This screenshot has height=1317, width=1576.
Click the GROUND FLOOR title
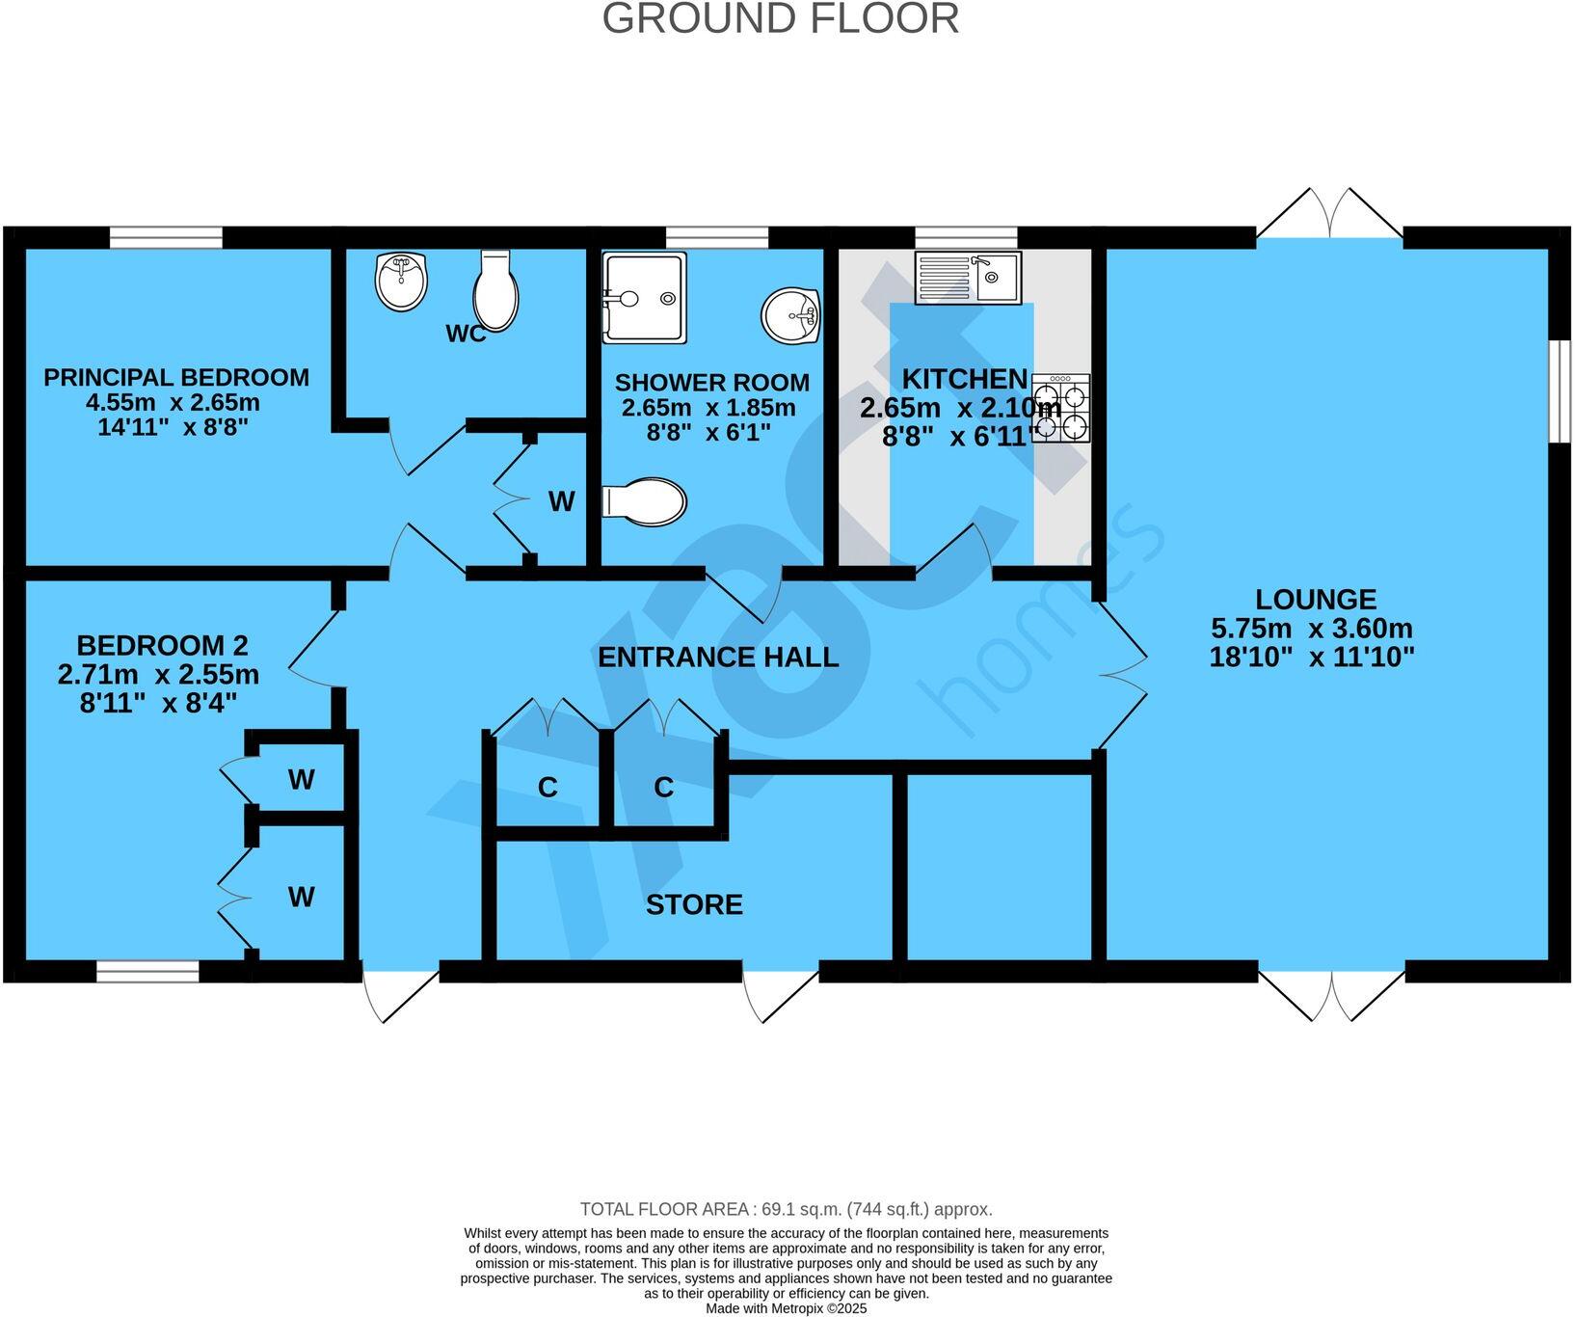pos(781,19)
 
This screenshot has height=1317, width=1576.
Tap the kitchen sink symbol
pos(968,278)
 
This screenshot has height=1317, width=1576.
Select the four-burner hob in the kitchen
pos(1061,408)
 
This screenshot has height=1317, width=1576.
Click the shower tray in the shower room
pos(644,298)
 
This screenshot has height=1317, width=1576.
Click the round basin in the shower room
pos(791,315)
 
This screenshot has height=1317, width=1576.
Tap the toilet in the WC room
pos(497,290)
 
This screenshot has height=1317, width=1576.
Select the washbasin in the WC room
pos(400,281)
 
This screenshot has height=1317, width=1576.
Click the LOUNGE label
pos(1315,599)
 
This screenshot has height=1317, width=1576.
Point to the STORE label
pos(694,904)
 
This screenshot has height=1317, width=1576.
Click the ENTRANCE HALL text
pos(718,658)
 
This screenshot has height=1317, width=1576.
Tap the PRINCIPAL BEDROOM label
pos(176,377)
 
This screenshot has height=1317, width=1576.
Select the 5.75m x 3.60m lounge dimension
pos(1312,629)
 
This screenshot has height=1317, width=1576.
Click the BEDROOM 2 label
pos(162,645)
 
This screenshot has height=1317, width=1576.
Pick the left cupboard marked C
pos(548,788)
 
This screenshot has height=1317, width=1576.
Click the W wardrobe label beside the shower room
pos(561,501)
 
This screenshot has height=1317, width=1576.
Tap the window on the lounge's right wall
pos(1560,390)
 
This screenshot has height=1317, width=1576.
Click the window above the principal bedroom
pos(166,237)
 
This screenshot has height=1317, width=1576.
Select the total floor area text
pos(786,1209)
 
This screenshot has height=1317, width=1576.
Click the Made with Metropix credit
pos(787,1308)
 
